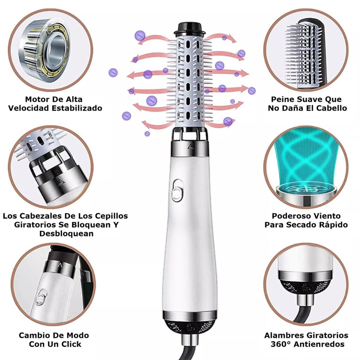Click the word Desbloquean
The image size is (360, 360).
point(66,233)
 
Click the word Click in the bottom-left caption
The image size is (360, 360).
point(71,344)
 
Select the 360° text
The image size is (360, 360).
point(281,344)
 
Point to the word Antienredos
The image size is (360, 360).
point(319,344)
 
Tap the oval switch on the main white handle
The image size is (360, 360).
point(178,190)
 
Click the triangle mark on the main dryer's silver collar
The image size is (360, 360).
point(190,146)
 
